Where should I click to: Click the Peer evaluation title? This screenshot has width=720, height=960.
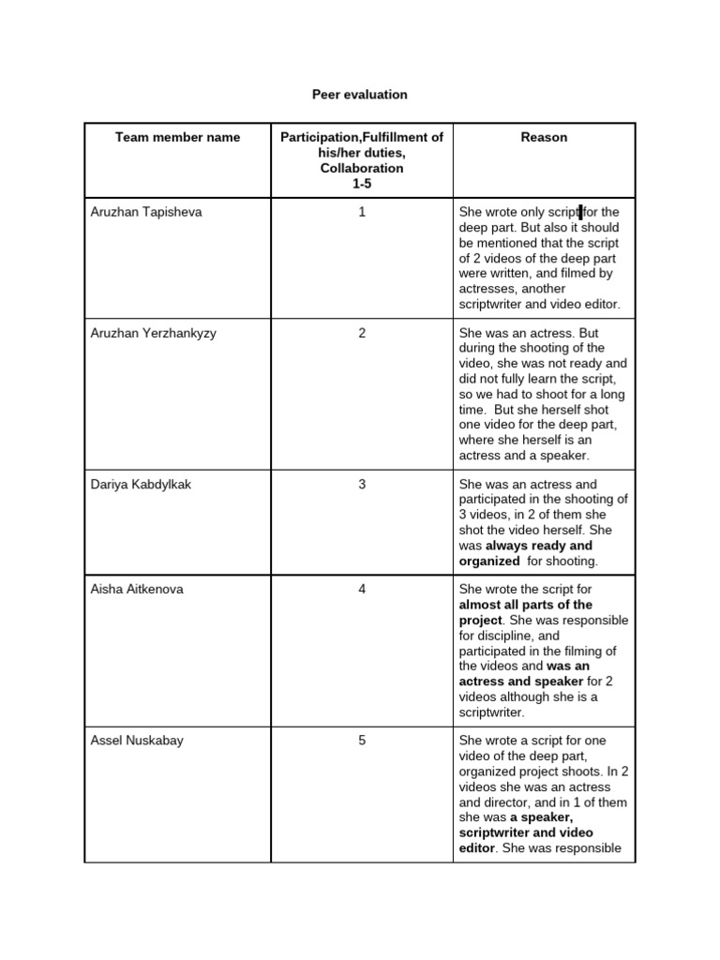(x=359, y=95)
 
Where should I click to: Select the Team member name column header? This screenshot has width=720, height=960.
(x=177, y=137)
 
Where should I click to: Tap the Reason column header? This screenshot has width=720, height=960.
(x=544, y=137)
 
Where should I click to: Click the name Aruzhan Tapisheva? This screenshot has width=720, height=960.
(x=146, y=212)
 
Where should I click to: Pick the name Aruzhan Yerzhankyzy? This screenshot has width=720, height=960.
(x=154, y=333)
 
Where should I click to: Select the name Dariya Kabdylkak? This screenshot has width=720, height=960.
(x=142, y=485)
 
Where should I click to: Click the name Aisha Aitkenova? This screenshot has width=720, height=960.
(x=138, y=590)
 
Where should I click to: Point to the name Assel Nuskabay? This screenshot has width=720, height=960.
(x=138, y=741)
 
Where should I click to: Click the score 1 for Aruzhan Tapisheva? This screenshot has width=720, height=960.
(x=362, y=212)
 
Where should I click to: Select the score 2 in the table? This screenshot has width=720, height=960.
(x=362, y=333)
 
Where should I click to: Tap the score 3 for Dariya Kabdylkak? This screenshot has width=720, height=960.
(x=362, y=485)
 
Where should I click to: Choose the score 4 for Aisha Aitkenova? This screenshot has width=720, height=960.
(x=362, y=590)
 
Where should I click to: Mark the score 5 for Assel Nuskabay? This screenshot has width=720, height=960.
(x=362, y=741)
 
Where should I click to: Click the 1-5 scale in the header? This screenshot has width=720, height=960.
(x=362, y=184)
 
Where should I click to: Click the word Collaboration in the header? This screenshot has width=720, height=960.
(x=362, y=169)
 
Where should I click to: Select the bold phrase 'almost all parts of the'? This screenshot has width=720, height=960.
(x=525, y=606)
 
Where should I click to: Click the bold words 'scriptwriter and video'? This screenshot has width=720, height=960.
(x=526, y=832)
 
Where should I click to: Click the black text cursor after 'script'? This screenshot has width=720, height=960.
(x=581, y=212)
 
